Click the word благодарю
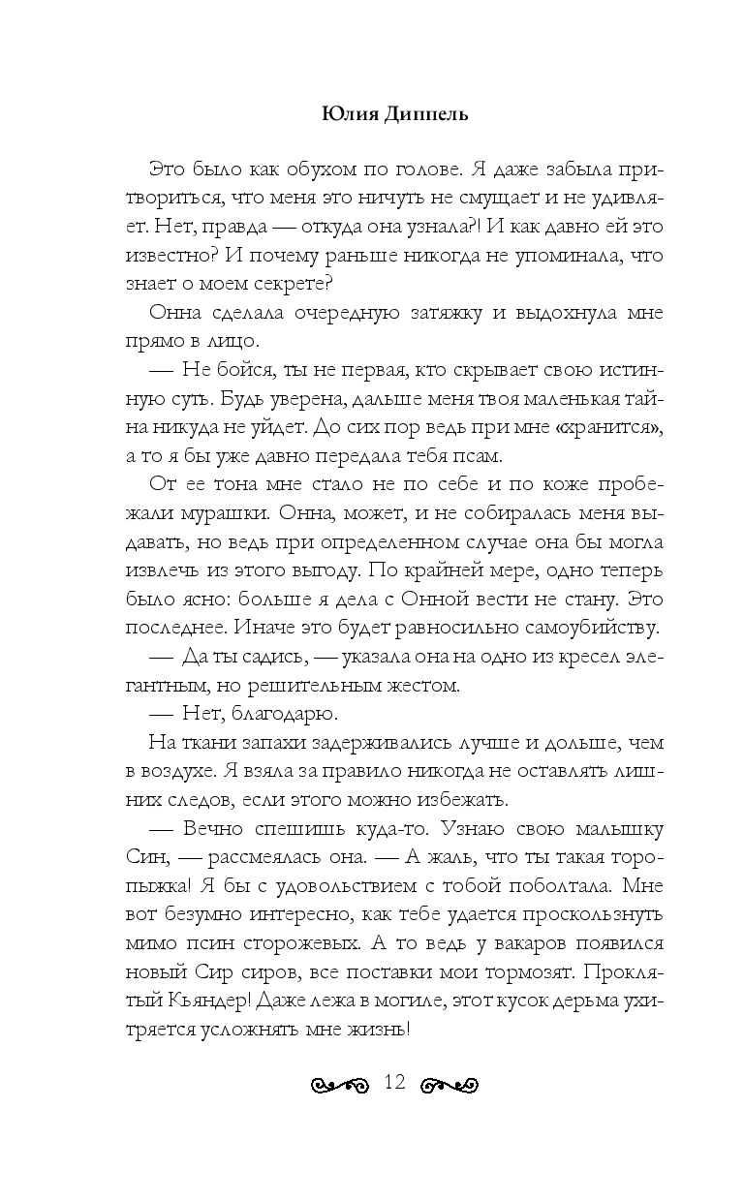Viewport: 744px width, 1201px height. pos(282,714)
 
